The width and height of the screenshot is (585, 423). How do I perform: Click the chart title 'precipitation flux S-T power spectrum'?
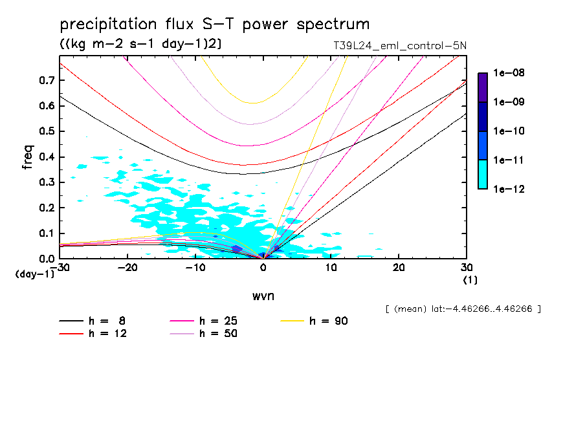pyautogui.click(x=215, y=25)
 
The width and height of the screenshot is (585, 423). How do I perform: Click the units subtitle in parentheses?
pyautogui.click(x=141, y=44)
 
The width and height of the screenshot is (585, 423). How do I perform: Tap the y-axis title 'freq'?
pyautogui.click(x=28, y=157)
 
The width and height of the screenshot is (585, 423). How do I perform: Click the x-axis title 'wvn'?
pyautogui.click(x=263, y=297)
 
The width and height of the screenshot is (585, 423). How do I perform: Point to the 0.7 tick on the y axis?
pyautogui.click(x=47, y=80)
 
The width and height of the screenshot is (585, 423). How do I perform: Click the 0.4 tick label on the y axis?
pyautogui.click(x=47, y=157)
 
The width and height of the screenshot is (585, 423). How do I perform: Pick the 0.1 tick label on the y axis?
pyautogui.click(x=47, y=233)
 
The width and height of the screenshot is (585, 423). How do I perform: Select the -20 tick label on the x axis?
pyautogui.click(x=128, y=268)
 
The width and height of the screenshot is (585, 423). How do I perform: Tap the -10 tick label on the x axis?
pyautogui.click(x=195, y=268)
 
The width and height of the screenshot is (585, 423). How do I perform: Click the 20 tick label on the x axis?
pyautogui.click(x=399, y=268)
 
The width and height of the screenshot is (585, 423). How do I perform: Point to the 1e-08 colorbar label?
pyautogui.click(x=509, y=73)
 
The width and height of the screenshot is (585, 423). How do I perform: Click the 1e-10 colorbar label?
pyautogui.click(x=509, y=131)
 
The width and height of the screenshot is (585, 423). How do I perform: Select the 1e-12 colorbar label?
pyautogui.click(x=509, y=190)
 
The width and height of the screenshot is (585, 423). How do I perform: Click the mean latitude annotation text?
pyautogui.click(x=463, y=309)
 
